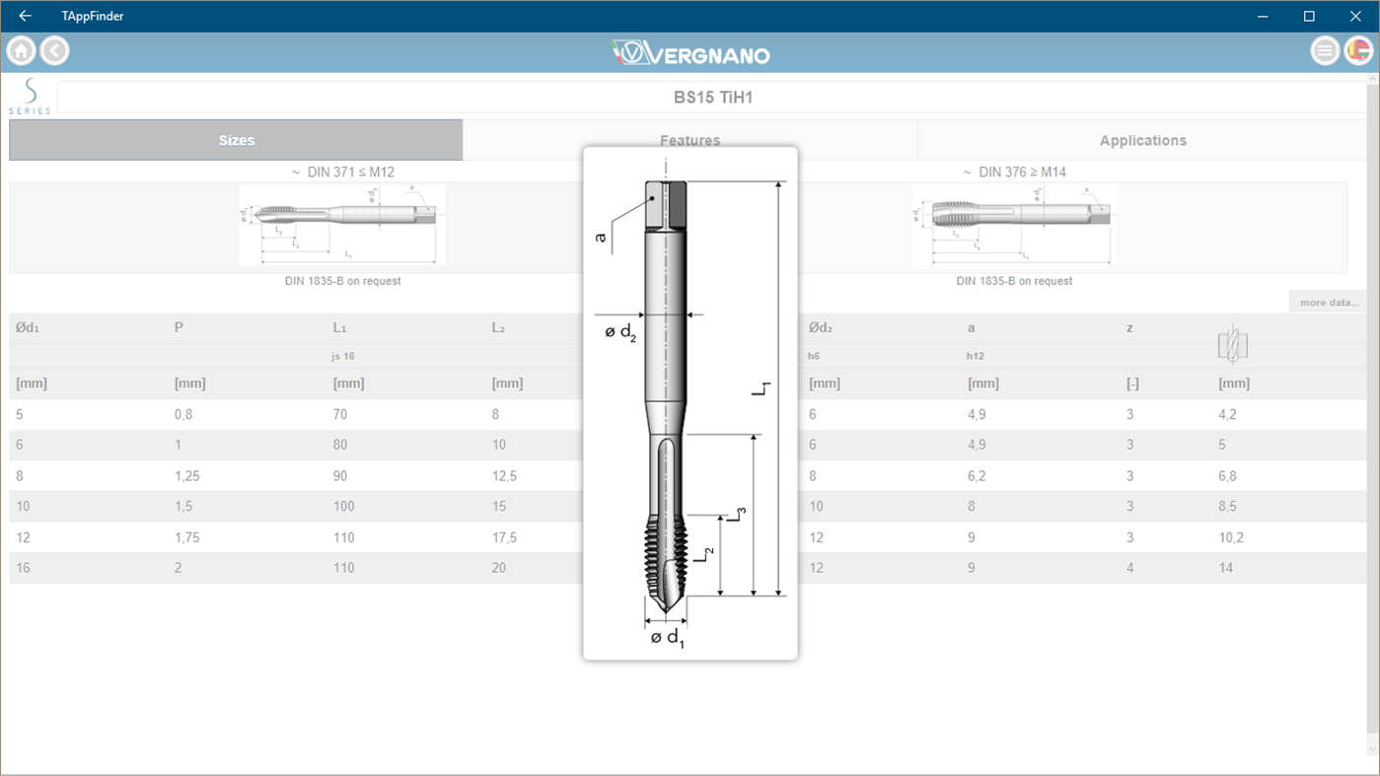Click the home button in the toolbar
point(21,50)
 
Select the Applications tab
point(1142,140)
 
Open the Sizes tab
point(236,140)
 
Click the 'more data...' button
point(1328,302)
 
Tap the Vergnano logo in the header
point(690,52)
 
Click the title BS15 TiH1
point(712,98)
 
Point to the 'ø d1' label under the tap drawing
point(668,637)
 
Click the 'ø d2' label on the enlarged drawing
point(620,332)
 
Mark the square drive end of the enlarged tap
point(666,204)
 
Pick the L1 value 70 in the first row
point(340,414)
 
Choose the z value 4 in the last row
point(1130,568)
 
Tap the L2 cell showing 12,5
point(504,476)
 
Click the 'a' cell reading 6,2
point(977,476)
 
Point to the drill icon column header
point(1233,344)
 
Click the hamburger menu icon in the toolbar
point(1325,50)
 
